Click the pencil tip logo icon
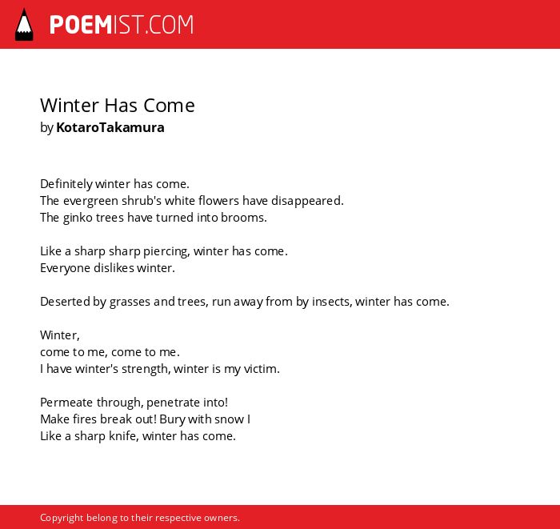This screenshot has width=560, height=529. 24,25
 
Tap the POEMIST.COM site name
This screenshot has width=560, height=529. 122,25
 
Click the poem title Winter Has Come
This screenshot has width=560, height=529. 118,106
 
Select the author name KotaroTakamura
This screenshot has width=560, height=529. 110,127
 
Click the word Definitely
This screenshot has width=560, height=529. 66,184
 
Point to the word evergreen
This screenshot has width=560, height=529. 90,201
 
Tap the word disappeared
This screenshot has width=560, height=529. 307,201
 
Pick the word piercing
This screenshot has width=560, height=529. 166,251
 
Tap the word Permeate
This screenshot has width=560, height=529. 66,403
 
